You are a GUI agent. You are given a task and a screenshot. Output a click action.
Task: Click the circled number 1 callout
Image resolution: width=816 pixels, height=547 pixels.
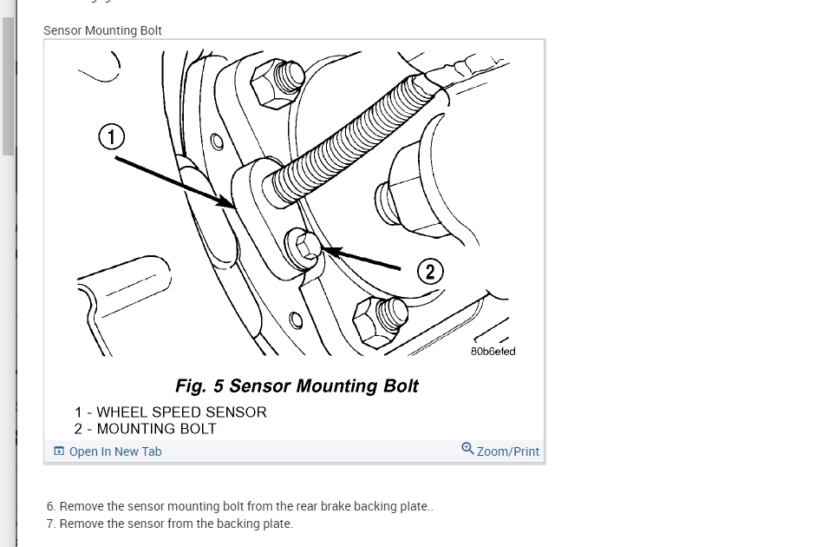[x=111, y=137]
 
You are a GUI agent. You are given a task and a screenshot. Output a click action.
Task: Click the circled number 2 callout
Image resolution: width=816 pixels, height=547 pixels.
[x=430, y=273]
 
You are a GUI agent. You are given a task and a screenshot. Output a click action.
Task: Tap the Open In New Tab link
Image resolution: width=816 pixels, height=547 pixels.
[x=115, y=451]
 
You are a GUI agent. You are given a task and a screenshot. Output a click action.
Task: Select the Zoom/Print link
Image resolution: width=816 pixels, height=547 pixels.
[x=507, y=451]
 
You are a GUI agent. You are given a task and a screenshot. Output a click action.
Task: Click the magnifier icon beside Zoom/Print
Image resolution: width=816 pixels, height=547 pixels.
[x=467, y=449]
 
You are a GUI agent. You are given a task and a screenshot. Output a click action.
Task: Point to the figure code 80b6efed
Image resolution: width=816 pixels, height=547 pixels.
[x=493, y=352]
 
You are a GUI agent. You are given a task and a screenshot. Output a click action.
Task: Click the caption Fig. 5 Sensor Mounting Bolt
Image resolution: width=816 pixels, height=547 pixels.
[x=297, y=386]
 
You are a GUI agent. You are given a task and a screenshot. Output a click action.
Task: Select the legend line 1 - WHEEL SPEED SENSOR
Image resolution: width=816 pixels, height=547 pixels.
[x=170, y=412]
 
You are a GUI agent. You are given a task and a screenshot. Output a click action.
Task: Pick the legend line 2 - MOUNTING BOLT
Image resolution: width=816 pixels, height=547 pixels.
[x=145, y=429]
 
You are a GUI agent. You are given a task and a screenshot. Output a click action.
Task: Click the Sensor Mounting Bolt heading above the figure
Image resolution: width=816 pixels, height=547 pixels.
[x=102, y=30]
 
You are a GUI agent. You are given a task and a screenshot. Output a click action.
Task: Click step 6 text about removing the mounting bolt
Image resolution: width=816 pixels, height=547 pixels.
[x=245, y=506]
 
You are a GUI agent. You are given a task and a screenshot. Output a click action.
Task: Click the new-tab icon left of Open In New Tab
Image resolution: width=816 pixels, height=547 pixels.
[x=59, y=451]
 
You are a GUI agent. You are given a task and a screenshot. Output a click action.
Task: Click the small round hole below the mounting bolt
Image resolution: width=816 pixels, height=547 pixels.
[x=296, y=320]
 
